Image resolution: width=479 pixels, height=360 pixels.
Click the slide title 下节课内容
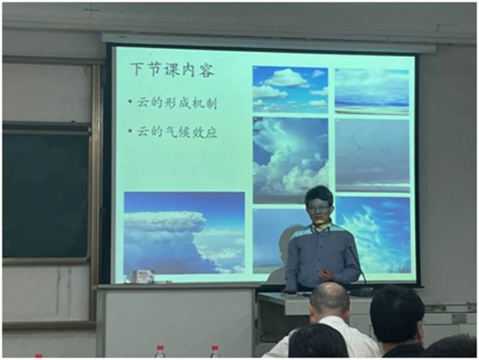172,70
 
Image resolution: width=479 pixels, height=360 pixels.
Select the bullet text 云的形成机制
177,103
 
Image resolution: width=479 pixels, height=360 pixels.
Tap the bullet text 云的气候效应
177,131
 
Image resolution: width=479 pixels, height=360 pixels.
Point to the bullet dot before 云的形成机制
131,102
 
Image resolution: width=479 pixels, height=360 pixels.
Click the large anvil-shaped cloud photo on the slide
185,233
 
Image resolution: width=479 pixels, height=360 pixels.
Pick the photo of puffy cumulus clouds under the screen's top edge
290,89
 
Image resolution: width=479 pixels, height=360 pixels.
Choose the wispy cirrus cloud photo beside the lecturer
374,235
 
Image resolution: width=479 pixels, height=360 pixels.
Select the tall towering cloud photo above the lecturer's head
290,160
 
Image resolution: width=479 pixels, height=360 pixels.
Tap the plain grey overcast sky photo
373,156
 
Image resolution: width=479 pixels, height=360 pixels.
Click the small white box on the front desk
143,276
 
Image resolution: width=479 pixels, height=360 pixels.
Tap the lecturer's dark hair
319,195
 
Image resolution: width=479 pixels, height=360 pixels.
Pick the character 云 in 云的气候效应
143,131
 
